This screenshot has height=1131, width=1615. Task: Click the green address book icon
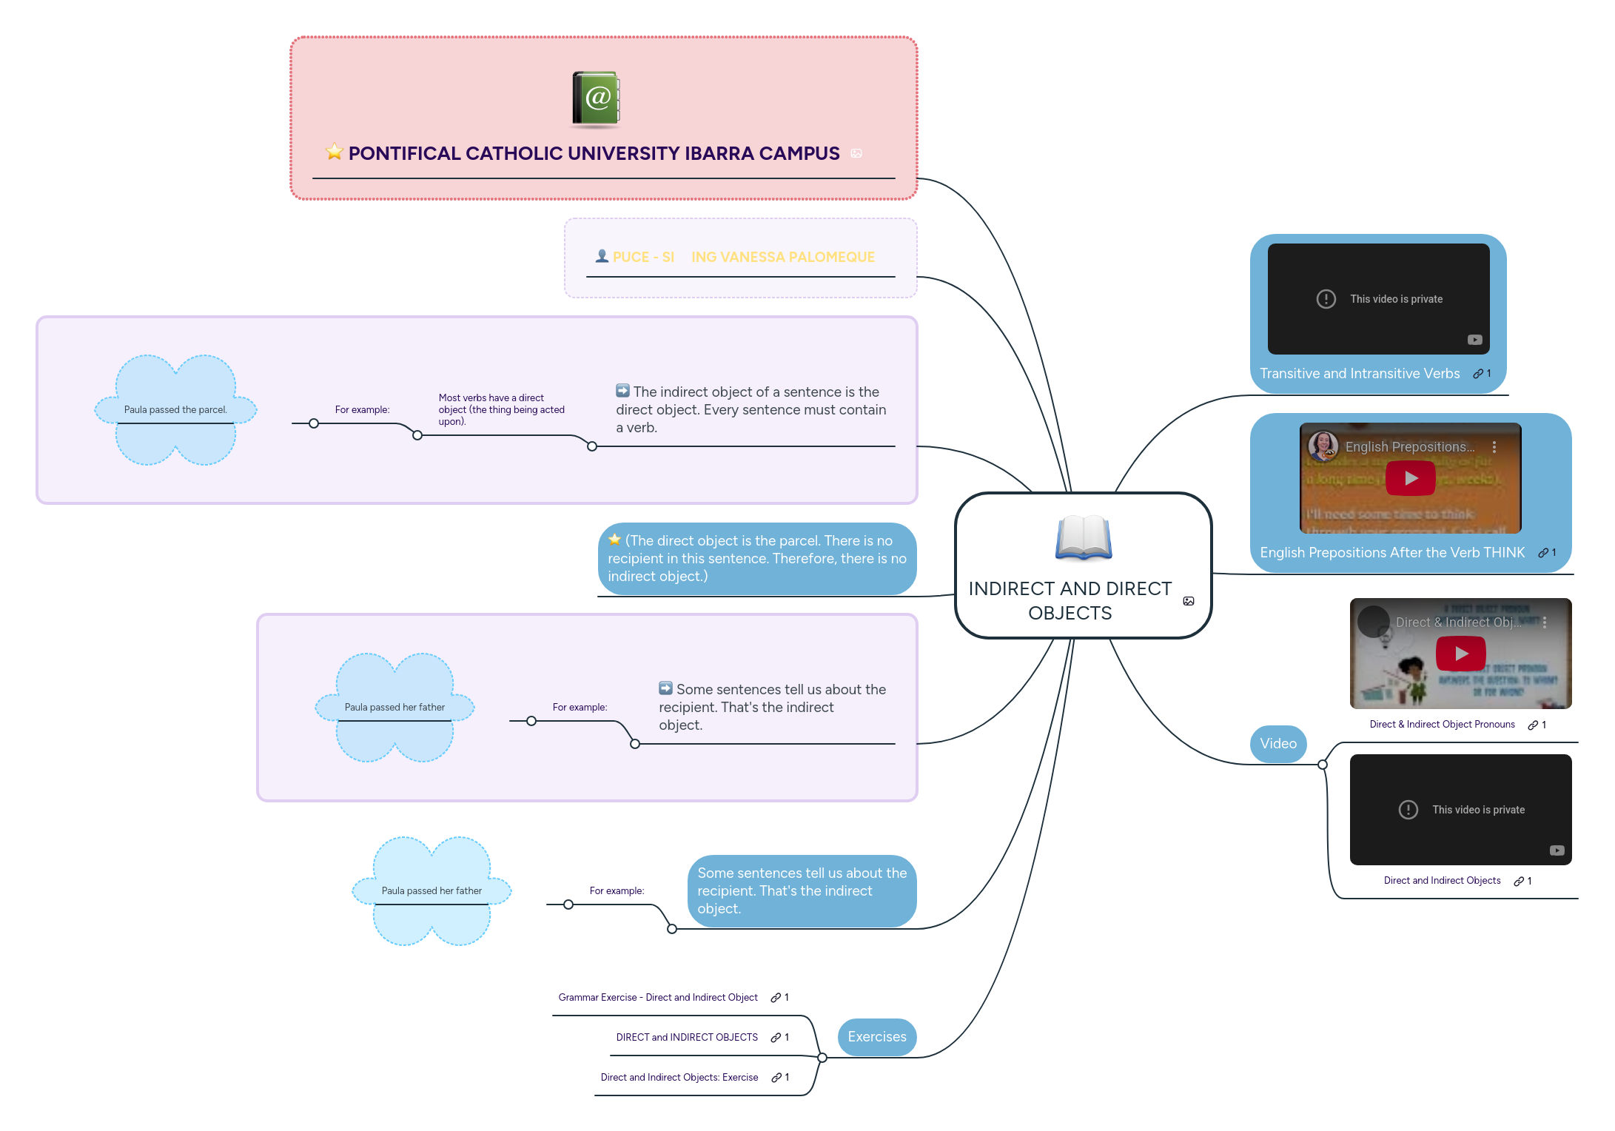click(596, 98)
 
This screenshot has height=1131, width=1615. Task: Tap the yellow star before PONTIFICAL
click(335, 152)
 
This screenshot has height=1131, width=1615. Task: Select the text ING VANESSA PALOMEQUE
click(782, 257)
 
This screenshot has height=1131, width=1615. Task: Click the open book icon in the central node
click(1083, 538)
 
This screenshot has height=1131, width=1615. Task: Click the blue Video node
click(1277, 743)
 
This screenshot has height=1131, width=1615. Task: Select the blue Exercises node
click(876, 1037)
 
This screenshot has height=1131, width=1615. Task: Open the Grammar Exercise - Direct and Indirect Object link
click(657, 998)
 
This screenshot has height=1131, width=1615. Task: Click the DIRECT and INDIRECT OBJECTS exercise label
click(686, 1038)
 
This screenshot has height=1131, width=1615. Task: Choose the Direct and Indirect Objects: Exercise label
click(679, 1078)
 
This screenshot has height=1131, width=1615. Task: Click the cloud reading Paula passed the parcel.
click(175, 409)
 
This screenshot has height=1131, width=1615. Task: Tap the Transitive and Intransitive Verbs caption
click(1359, 374)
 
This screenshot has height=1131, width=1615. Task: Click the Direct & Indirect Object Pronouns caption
click(1441, 725)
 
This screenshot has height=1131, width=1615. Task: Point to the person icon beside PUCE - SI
click(602, 256)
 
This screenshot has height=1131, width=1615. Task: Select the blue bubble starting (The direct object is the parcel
click(756, 559)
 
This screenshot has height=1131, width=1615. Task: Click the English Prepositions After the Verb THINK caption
click(1391, 553)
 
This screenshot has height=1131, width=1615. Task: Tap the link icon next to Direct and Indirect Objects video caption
click(1518, 882)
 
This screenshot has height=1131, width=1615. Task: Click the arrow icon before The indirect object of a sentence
click(622, 391)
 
